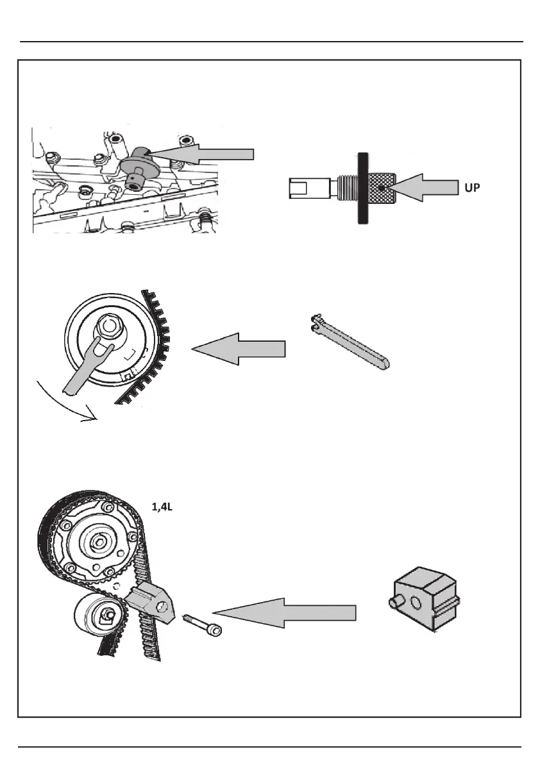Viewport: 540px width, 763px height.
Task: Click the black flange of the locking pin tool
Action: click(363, 189)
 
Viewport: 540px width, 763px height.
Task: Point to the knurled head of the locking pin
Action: click(381, 189)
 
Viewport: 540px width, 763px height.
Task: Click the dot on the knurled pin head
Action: click(381, 189)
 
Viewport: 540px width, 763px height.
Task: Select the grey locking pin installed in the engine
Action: click(136, 169)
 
